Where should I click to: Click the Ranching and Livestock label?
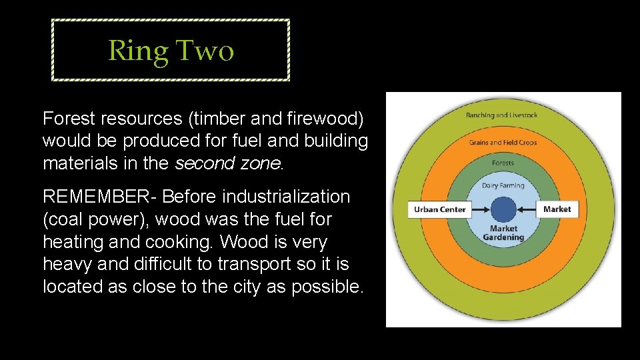[501, 115]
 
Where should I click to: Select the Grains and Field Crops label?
[503, 142]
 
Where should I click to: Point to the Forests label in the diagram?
[503, 163]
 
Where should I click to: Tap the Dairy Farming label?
[503, 185]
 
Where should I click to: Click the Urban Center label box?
[439, 209]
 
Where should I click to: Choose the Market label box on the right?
[557, 209]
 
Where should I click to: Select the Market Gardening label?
[503, 233]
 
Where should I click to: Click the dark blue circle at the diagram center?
[503, 209]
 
